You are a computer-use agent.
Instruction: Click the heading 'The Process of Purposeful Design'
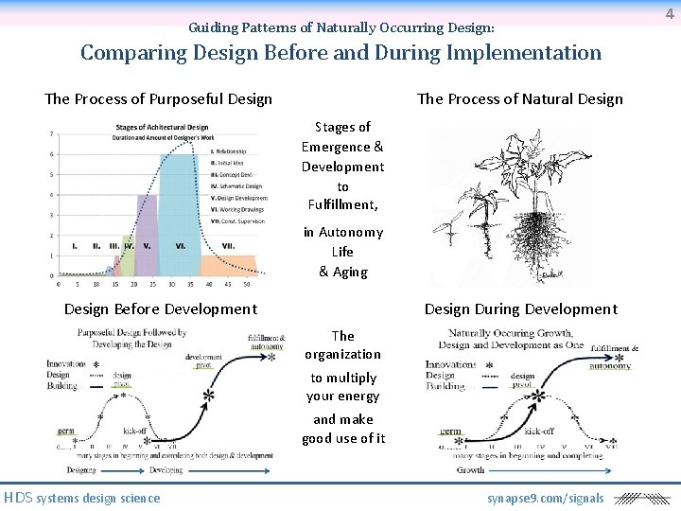pyautogui.click(x=158, y=99)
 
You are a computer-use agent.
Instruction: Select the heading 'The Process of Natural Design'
pyautogui.click(x=519, y=99)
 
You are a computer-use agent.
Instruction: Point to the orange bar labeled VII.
pyautogui.click(x=228, y=265)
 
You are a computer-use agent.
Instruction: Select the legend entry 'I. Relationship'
pyautogui.click(x=231, y=151)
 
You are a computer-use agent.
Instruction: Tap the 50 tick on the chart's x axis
pyautogui.click(x=246, y=283)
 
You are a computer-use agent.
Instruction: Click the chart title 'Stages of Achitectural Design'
pyautogui.click(x=163, y=128)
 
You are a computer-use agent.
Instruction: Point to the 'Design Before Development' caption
pyautogui.click(x=160, y=309)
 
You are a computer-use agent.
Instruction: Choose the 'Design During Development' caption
pyautogui.click(x=520, y=309)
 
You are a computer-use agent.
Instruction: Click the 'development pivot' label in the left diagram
pyautogui.click(x=203, y=361)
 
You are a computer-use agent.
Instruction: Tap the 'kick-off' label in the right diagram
pyautogui.click(x=538, y=431)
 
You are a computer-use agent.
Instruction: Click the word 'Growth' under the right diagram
pyautogui.click(x=470, y=469)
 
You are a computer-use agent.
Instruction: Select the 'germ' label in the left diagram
pyautogui.click(x=66, y=431)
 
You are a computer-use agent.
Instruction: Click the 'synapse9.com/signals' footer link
pyautogui.click(x=545, y=499)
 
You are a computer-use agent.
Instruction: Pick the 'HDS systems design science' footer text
pyautogui.click(x=82, y=499)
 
